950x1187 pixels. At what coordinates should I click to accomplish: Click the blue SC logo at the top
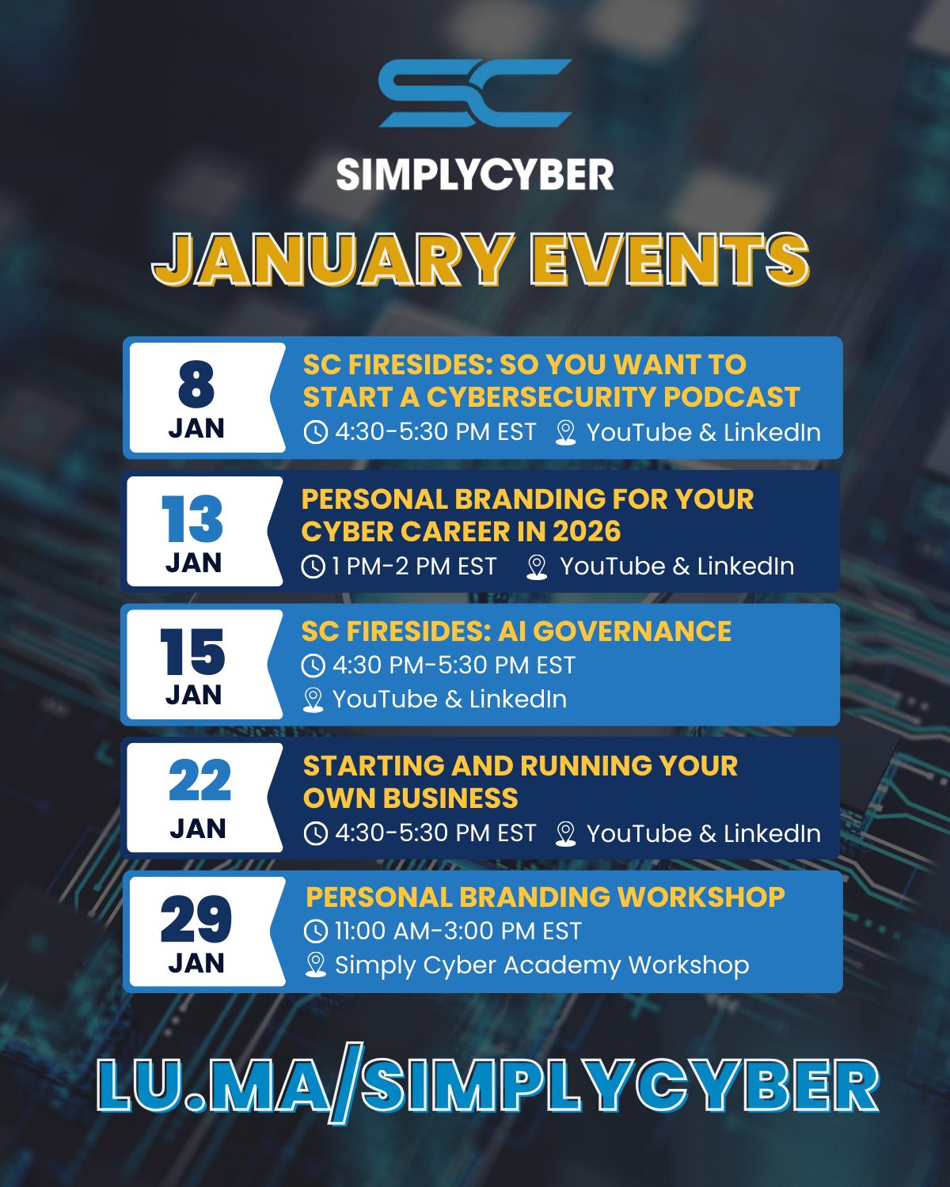(475, 93)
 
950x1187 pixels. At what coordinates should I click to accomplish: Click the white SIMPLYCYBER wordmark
(475, 175)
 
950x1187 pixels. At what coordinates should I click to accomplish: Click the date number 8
(196, 384)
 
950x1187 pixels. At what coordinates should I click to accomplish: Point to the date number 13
(192, 518)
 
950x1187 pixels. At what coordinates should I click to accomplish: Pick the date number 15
(192, 651)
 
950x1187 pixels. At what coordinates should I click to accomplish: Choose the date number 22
(199, 779)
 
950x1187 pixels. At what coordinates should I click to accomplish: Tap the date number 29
(196, 919)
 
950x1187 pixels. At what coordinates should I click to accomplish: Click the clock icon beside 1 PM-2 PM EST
(313, 567)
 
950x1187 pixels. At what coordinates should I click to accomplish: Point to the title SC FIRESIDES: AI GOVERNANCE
(516, 631)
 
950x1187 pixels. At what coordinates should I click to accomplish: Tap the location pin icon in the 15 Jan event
(313, 700)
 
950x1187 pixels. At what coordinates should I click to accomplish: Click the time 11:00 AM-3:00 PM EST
(458, 931)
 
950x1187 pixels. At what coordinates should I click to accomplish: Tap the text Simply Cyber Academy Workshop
(542, 965)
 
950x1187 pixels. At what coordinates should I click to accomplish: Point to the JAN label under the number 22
(198, 829)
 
